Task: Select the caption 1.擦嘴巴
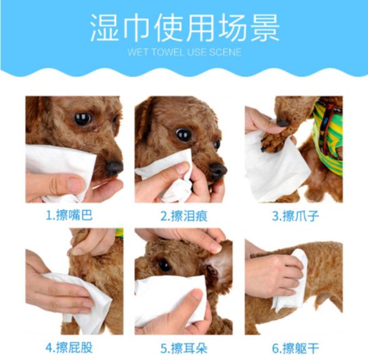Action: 74,216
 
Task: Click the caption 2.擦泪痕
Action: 184,216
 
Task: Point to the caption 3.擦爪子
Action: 294,216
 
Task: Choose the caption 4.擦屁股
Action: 74,347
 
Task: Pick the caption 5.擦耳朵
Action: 184,347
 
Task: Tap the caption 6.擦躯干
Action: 294,347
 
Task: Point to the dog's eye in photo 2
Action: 183,134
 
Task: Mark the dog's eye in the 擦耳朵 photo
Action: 165,265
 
